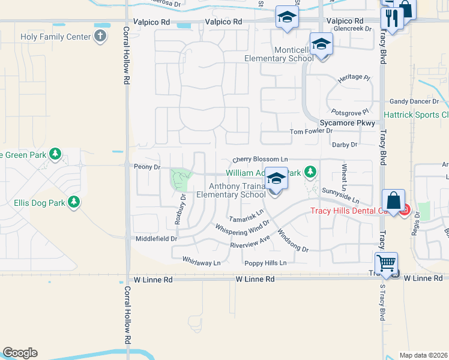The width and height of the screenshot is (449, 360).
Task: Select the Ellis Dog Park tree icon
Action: click(x=74, y=202)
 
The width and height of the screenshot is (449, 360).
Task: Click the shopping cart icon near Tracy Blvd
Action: click(x=385, y=263)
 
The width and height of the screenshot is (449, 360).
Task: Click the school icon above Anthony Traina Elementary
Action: click(x=276, y=179)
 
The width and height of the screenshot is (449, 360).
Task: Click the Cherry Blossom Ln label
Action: click(x=261, y=160)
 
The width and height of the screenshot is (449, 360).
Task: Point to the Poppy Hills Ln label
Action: click(x=265, y=263)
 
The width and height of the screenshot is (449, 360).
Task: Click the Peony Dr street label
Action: click(x=147, y=167)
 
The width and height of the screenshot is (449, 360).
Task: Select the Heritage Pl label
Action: click(x=354, y=78)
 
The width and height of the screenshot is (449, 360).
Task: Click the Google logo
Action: click(x=19, y=352)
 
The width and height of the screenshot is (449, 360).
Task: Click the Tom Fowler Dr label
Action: click(x=311, y=131)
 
